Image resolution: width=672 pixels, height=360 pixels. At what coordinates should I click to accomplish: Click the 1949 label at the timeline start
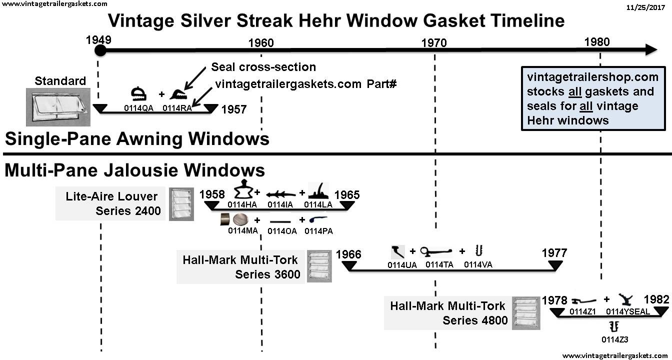coord(98,39)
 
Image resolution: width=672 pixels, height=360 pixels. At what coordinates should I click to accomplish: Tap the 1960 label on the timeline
coord(261,43)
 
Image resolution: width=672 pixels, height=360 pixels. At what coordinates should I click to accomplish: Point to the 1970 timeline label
coord(434,43)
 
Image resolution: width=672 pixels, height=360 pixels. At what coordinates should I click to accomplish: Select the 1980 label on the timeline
coord(597,41)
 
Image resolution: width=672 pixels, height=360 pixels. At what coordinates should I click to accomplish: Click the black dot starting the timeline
coord(100,50)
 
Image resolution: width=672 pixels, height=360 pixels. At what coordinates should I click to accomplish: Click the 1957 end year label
coord(234,109)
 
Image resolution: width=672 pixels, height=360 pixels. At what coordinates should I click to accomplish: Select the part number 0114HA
coord(242,204)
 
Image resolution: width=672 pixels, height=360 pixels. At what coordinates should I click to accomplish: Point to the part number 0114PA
coord(318,231)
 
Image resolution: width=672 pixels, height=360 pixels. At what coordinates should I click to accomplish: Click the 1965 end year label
coord(347,195)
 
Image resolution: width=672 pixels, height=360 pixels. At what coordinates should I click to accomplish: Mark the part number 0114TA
coord(439,265)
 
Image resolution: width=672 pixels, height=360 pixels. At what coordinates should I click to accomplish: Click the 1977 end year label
coord(554,253)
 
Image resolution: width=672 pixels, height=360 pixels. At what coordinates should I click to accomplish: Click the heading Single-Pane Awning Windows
coord(136,138)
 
